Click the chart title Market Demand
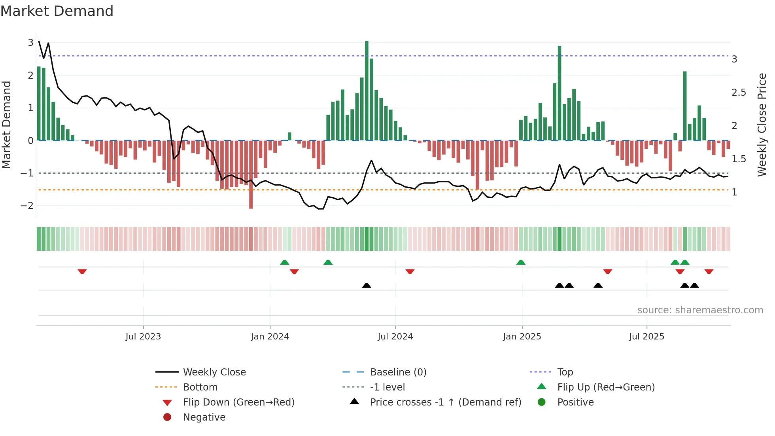pos(57,11)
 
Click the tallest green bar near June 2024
pos(367,91)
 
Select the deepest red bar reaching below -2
pos(251,174)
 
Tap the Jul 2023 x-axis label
pos(143,337)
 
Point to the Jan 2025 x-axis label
pos(522,337)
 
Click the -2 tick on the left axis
pos(27,206)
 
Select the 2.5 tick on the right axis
pos(739,93)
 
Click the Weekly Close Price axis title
pos(762,125)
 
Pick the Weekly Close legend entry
pos(214,372)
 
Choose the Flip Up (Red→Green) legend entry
pos(606,387)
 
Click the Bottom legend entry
pos(200,387)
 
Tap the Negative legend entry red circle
pos(167,417)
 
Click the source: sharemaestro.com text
pos(700,310)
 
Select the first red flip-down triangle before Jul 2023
pos(82,271)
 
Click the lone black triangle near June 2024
pos(367,285)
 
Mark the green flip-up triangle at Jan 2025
pos(521,262)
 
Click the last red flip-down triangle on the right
pos(709,271)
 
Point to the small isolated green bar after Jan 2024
pos(289,136)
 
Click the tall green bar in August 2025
pos(685,106)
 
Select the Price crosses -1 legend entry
pos(445,402)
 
